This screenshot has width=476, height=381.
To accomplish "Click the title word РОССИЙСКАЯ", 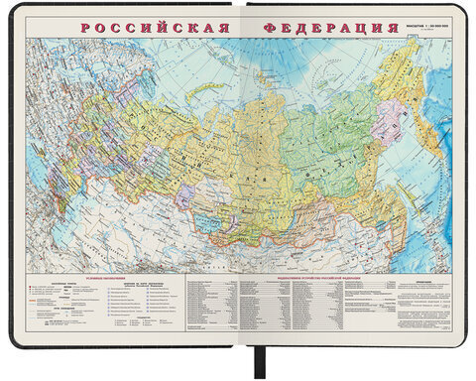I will point(149,21).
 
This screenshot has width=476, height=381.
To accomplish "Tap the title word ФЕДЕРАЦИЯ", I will point(323,21).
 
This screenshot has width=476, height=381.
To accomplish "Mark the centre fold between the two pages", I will point(237,179).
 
